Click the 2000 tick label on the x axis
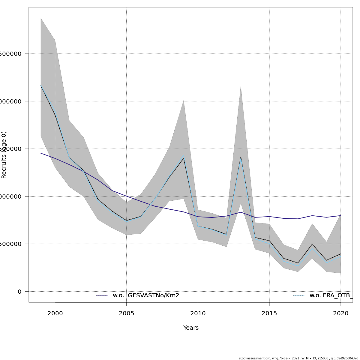[x=55, y=313]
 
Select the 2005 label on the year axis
[x=126, y=313]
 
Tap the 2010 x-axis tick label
[x=198, y=313]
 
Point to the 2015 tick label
[x=269, y=313]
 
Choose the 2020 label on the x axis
[x=341, y=313]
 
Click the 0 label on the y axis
[x=19, y=292]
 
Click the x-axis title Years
[x=191, y=328]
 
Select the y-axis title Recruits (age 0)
[x=4, y=155]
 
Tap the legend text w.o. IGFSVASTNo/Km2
[x=146, y=295]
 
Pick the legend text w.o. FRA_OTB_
[x=331, y=295]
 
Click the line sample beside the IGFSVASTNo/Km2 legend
[x=102, y=295]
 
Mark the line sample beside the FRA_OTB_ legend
[x=299, y=295]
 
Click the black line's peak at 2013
[x=241, y=157]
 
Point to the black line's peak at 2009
[x=184, y=158]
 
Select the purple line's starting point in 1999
[x=41, y=153]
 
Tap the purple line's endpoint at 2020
[x=341, y=215]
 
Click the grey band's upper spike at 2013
[x=241, y=86]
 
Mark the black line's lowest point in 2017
[x=298, y=263]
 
